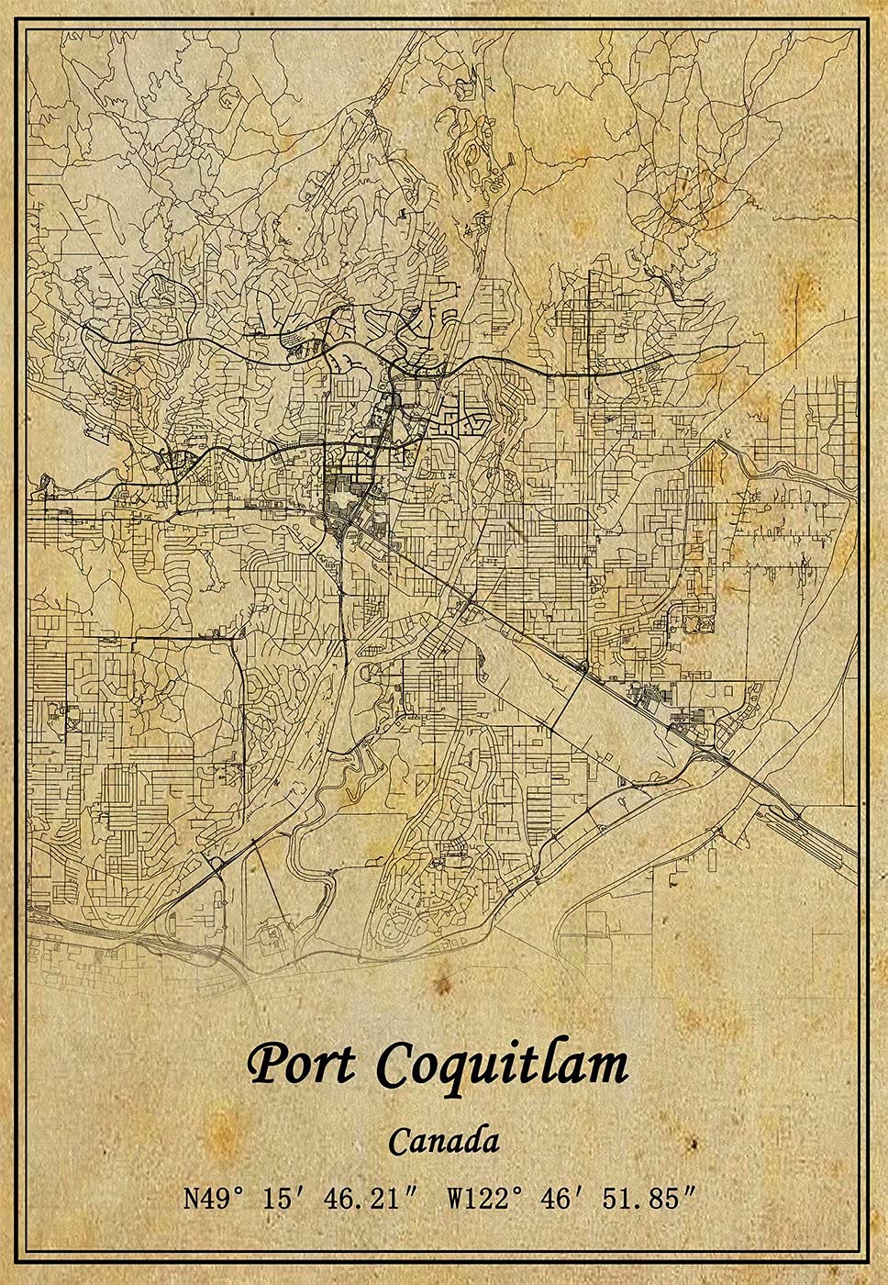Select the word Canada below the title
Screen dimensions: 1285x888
point(444,1142)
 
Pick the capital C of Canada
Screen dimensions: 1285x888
point(399,1142)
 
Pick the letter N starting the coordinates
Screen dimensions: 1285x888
point(192,1199)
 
